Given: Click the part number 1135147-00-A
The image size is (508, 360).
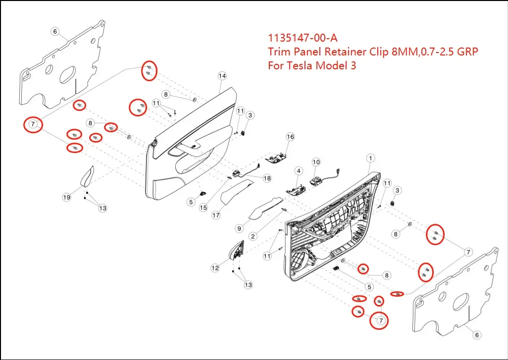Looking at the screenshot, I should tap(303, 38).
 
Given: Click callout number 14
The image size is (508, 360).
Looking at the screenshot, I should tap(222, 76).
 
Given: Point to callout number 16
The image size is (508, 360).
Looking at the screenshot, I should tap(290, 137).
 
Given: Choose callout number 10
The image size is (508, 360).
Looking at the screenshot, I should tap(316, 162).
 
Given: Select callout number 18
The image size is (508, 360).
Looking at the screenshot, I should tap(267, 178).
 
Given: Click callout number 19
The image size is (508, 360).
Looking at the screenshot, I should tap(67, 198).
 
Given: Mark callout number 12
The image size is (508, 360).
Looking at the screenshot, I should tap(215, 268).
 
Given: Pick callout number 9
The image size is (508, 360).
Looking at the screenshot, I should tap(239, 228).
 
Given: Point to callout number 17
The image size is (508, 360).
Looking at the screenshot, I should tap(216, 215).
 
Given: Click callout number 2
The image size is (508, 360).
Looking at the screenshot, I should tap(253, 236).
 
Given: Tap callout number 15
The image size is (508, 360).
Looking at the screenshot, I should tap(203, 208).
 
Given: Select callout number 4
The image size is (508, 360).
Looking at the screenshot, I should tap(299, 171).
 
